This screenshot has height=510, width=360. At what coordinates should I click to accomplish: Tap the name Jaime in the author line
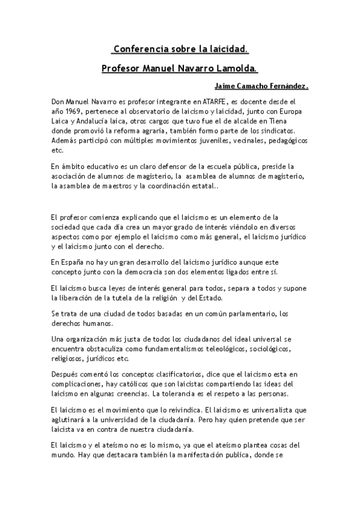[226, 87]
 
